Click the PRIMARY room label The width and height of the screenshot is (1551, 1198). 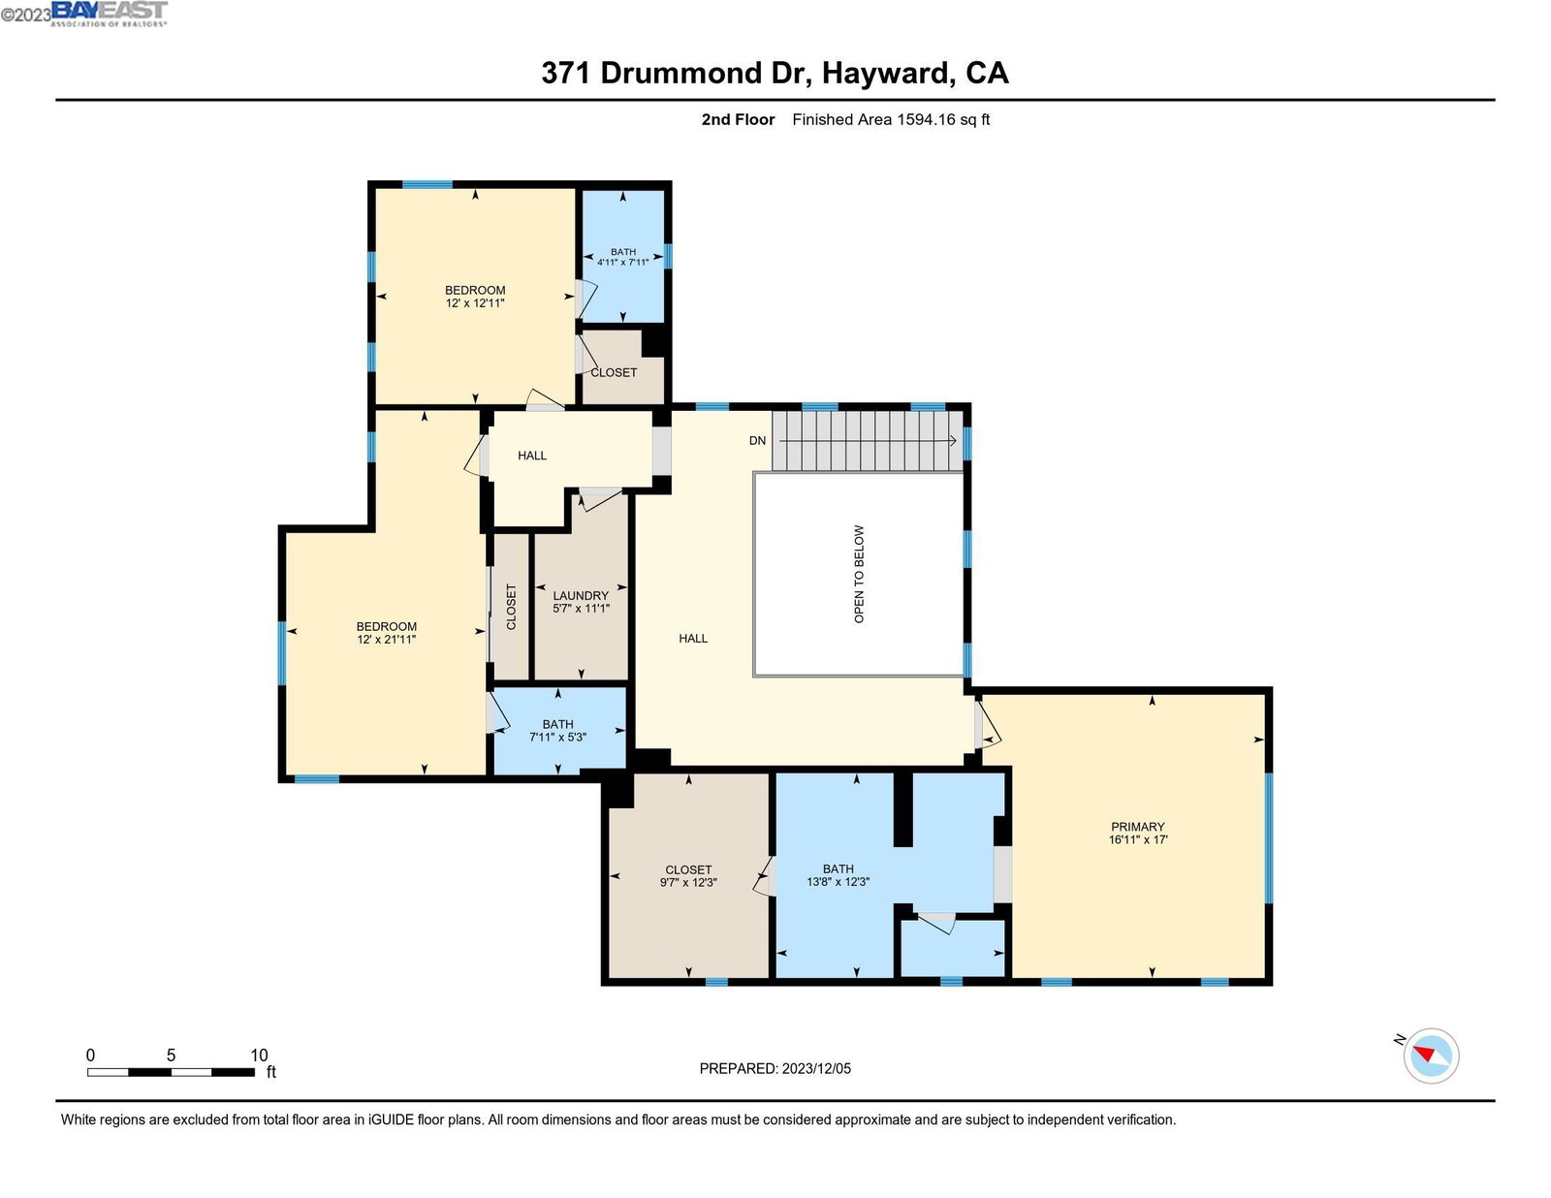[x=1137, y=826]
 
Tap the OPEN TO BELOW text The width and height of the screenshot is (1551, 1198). [x=859, y=574]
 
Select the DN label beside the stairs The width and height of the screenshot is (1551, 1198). [x=757, y=440]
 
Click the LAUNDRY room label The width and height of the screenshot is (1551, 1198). [x=581, y=595]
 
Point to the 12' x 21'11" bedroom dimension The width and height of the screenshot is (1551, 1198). [x=386, y=640]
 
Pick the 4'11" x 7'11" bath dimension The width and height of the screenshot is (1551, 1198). [x=622, y=262]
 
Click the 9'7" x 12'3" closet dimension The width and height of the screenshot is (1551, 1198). [x=688, y=882]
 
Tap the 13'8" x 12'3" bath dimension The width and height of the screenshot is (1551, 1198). [x=838, y=881]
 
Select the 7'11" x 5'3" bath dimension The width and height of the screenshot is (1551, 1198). [x=557, y=737]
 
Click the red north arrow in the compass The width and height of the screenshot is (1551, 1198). [x=1424, y=1054]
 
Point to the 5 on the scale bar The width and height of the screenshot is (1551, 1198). [x=171, y=1055]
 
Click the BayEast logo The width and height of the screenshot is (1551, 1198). [x=110, y=13]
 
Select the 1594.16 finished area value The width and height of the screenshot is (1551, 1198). [x=926, y=119]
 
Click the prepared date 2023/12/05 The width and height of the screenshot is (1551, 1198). [x=816, y=1068]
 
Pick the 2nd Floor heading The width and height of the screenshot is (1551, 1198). [x=738, y=119]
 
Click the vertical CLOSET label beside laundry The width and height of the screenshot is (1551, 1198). [x=511, y=607]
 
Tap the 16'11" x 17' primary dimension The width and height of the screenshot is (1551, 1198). [x=1138, y=839]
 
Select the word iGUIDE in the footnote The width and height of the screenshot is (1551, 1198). [x=391, y=1119]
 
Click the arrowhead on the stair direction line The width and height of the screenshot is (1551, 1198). [x=952, y=440]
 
